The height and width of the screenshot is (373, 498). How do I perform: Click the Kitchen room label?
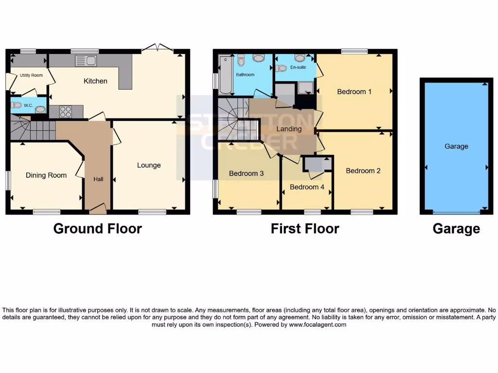tap(95, 81)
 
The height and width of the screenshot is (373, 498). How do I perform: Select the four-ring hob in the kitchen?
tap(66, 112)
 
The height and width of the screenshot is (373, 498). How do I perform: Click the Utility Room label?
tap(31, 75)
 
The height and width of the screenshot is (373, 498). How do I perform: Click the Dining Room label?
tap(46, 175)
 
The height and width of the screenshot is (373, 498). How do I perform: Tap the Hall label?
tap(98, 179)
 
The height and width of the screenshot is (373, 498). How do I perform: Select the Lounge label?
tap(149, 165)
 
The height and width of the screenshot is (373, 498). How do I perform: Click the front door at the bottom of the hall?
tap(98, 209)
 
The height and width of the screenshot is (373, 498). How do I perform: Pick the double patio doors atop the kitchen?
tap(157, 48)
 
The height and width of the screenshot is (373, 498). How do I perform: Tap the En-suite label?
tap(298, 68)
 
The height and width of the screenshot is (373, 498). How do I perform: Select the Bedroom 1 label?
tap(355, 91)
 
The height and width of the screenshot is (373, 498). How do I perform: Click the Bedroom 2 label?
tap(363, 170)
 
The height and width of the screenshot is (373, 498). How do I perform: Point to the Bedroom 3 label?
tap(246, 173)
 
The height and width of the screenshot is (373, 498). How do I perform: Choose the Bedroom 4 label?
tap(307, 187)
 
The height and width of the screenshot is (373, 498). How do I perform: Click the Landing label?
tap(289, 129)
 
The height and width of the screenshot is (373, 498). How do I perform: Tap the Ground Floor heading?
tap(97, 229)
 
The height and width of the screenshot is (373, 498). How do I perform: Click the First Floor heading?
tap(305, 229)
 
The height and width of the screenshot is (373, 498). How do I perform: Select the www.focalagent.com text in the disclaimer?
tap(318, 325)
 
